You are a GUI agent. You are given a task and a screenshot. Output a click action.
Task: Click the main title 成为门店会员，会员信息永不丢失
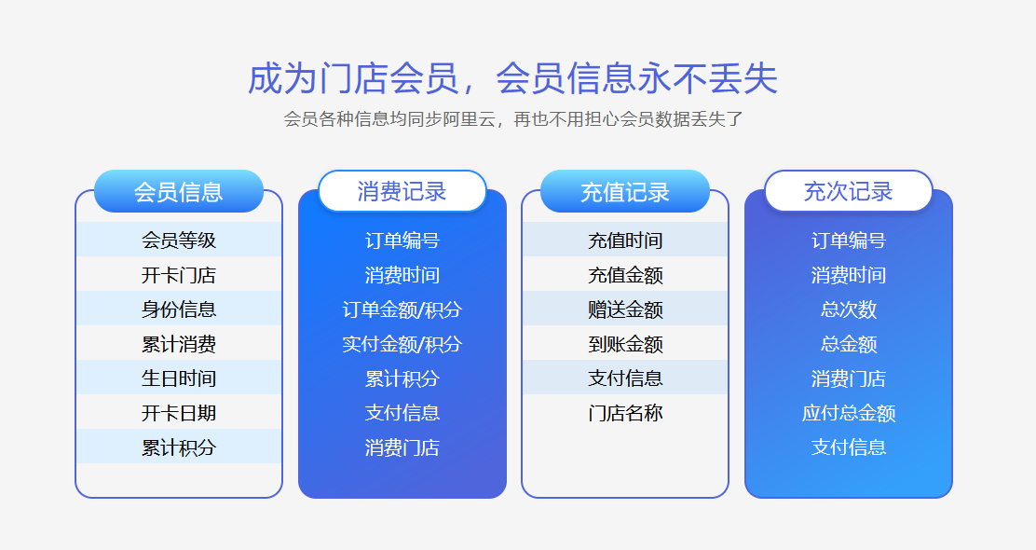[x=512, y=79]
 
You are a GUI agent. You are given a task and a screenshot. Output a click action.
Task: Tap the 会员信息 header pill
[x=178, y=191]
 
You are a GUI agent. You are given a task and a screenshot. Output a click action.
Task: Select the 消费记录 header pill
[x=402, y=191]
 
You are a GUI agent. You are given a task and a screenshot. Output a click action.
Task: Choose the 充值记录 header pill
[x=624, y=191]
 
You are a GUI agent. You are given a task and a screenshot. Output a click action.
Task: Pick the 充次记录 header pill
[x=848, y=191]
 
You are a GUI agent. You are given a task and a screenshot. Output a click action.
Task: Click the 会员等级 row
[x=178, y=240]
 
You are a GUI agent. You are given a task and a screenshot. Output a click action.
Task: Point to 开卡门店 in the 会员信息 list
[x=178, y=275]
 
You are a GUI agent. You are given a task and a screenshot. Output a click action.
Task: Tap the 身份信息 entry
[x=178, y=309]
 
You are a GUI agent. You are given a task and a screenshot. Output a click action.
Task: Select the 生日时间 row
[x=178, y=378]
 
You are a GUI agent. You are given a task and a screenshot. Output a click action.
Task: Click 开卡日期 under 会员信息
[x=178, y=412]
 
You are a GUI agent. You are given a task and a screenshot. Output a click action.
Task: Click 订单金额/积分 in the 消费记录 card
[x=402, y=309]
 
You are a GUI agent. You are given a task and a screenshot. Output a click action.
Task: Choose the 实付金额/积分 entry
[x=402, y=344]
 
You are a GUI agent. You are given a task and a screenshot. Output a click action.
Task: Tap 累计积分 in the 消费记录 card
[x=402, y=378]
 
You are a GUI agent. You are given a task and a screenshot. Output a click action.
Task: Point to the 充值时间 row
[x=624, y=240]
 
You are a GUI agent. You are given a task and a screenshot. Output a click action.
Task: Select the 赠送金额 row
[x=624, y=309]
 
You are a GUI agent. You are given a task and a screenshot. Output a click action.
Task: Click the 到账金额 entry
[x=624, y=344]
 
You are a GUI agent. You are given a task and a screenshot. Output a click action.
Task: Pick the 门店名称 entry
[x=624, y=412]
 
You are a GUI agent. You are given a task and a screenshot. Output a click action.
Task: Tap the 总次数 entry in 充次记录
[x=848, y=309]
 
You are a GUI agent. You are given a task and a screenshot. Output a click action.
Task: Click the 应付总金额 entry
[x=848, y=412]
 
